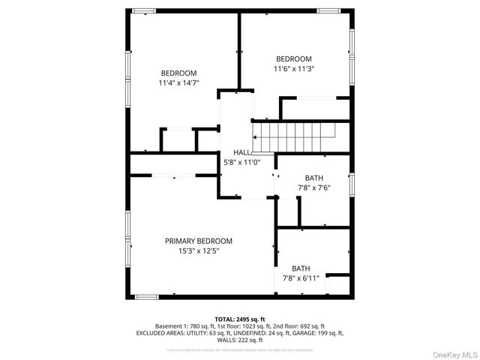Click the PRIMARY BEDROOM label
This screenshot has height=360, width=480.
199,241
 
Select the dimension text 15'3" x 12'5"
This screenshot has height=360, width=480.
199,251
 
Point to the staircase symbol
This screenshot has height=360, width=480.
293,138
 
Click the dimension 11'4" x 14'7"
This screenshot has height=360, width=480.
178,83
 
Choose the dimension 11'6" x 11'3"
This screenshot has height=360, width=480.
294,69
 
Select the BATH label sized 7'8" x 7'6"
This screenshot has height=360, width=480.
314,178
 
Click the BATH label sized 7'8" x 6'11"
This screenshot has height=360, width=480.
301,268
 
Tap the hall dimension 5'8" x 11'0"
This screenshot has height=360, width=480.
242,162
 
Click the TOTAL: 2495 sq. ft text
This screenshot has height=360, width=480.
240,319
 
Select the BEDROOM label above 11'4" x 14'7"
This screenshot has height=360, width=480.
178,73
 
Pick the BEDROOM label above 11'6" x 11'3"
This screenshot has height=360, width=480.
294,59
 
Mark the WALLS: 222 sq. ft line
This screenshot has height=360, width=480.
240,340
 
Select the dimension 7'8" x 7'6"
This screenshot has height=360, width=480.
314,188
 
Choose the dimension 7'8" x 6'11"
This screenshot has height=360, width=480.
301,278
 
